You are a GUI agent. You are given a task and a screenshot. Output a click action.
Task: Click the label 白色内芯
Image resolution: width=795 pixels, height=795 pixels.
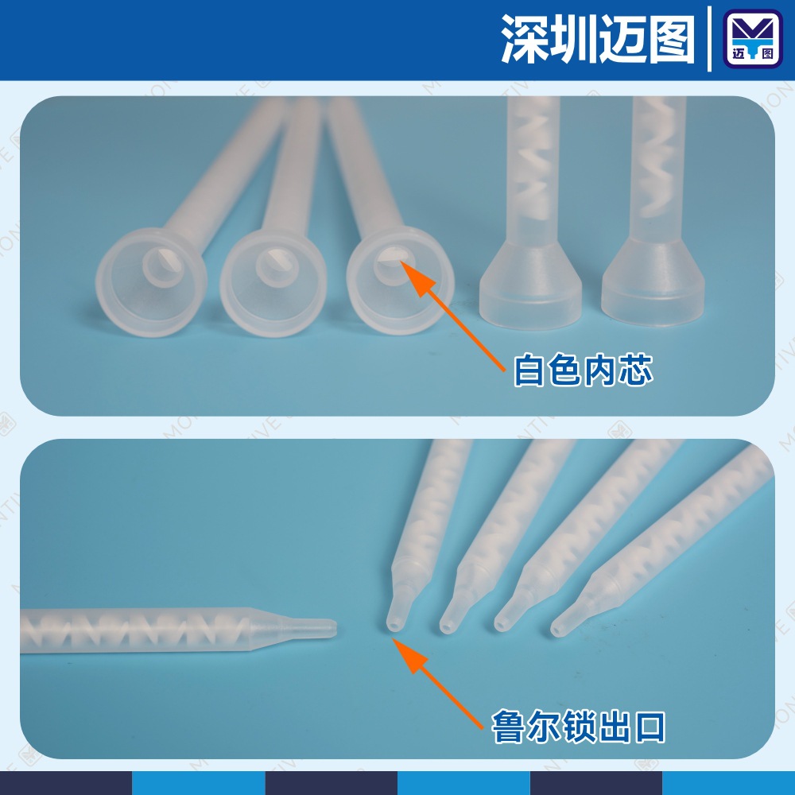coord(583,371)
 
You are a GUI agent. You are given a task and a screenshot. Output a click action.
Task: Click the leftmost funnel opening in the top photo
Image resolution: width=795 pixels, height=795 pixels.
coord(151,282)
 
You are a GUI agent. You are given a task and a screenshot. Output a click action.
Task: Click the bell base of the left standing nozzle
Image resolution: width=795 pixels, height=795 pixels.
coord(530,286)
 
